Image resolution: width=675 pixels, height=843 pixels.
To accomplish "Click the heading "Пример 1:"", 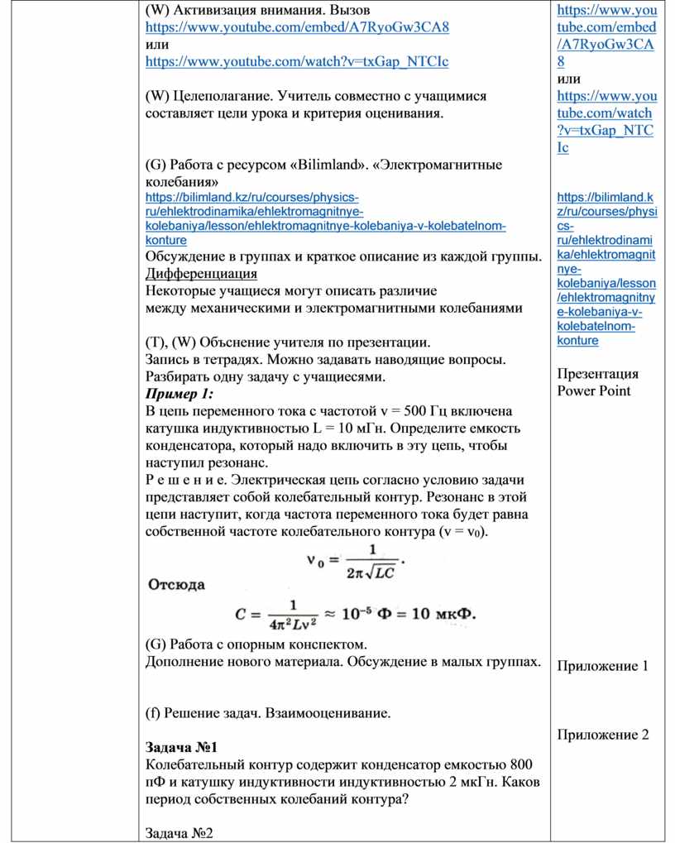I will tap(180, 393).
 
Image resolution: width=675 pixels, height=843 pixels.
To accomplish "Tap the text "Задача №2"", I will tap(180, 833).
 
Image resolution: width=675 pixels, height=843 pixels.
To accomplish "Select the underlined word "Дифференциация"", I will tap(201, 273).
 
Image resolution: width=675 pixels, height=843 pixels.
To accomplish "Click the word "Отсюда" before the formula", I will tap(176, 584).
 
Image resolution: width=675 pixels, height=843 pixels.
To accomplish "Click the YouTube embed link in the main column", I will tap(297, 26).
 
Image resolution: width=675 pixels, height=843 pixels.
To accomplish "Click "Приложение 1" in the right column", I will tap(602, 666).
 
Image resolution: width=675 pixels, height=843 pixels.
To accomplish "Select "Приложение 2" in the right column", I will tap(602, 735).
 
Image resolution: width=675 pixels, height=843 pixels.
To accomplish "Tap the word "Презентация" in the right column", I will tap(597, 373).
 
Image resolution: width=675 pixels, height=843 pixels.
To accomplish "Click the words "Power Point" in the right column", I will tap(594, 390).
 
